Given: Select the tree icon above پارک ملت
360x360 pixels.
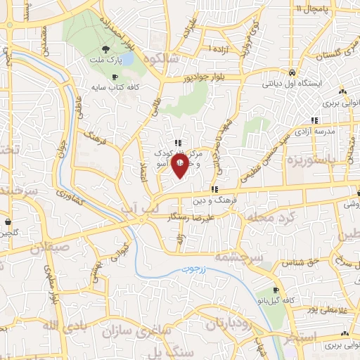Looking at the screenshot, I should pyautogui.click(x=105, y=49).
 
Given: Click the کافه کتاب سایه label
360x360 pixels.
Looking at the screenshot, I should pyautogui.click(x=116, y=89).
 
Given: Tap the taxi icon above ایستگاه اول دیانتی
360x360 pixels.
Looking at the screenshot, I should pyautogui.click(x=291, y=72).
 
